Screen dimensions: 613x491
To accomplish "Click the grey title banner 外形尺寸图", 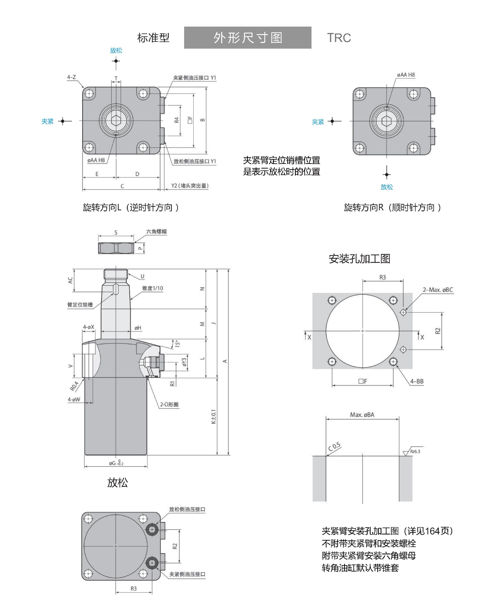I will [248, 38].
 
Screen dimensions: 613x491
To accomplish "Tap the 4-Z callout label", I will [71, 77].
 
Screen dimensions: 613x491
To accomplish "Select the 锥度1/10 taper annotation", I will [153, 288].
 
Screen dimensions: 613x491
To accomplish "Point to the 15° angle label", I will [177, 344].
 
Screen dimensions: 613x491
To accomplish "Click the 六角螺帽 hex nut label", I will [156, 232].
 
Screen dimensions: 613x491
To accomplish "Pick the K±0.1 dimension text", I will [213, 417].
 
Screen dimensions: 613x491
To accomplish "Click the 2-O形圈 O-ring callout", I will [169, 404].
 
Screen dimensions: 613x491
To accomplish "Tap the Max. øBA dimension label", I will [362, 415].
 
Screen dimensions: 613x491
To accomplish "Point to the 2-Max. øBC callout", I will [438, 290].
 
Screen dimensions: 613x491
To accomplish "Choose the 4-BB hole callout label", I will [417, 381].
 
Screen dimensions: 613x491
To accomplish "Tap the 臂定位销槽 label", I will [80, 305].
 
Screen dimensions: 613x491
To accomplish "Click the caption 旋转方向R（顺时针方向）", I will [392, 207].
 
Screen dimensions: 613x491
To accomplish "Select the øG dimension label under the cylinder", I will [116, 463].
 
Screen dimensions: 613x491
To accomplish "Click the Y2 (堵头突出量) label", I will [190, 186].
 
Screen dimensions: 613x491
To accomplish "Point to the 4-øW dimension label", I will [74, 399].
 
